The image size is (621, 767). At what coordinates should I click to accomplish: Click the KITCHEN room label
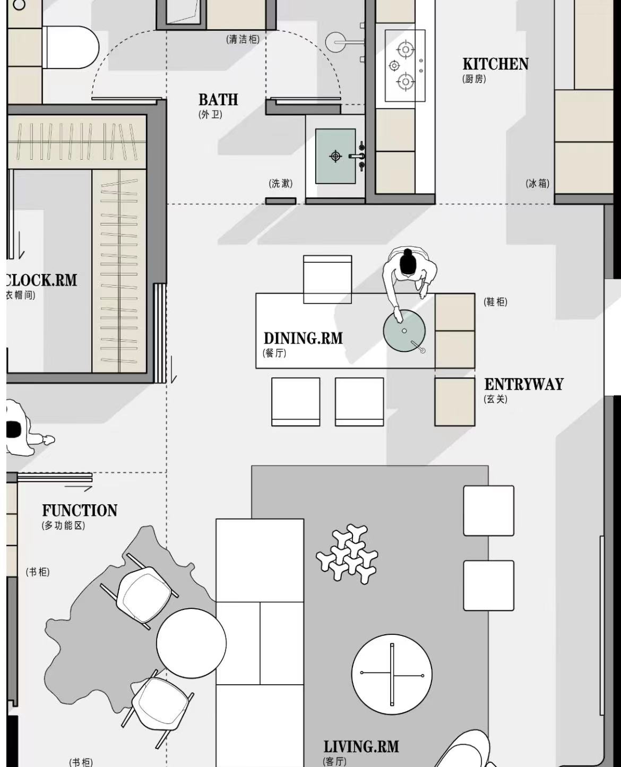click(x=495, y=64)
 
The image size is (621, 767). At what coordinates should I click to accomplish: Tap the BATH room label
click(x=218, y=100)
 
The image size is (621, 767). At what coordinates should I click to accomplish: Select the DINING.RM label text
click(x=303, y=339)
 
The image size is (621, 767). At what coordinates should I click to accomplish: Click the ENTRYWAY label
click(x=523, y=384)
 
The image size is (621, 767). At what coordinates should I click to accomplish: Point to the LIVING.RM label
click(x=361, y=747)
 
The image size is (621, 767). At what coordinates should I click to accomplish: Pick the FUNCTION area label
click(x=80, y=511)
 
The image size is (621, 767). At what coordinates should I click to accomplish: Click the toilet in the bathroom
click(x=72, y=47)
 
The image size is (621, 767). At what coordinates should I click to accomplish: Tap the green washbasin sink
click(x=335, y=156)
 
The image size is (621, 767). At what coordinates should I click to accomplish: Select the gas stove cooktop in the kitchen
click(x=405, y=66)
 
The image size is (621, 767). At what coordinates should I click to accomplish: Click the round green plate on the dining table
click(x=404, y=331)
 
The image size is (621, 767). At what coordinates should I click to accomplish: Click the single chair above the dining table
click(x=327, y=279)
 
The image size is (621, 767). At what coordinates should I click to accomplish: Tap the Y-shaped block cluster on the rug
click(x=347, y=555)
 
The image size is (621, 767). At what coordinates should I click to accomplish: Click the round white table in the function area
click(x=191, y=643)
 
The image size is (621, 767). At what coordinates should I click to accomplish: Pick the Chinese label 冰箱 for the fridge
click(x=538, y=184)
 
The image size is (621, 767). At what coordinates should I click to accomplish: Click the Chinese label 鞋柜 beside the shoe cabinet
click(x=495, y=301)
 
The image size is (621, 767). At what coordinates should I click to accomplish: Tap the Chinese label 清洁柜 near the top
click(x=243, y=39)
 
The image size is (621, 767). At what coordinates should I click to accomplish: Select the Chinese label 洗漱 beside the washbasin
click(x=281, y=184)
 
